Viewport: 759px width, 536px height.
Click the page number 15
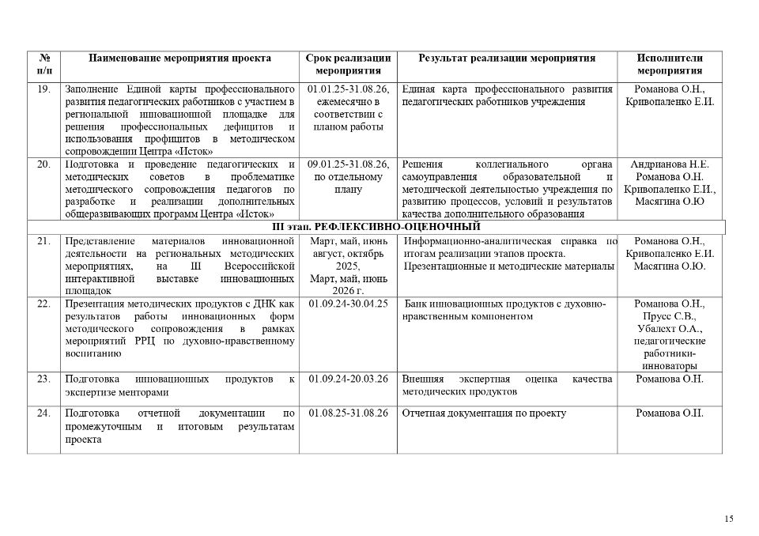tap(728, 519)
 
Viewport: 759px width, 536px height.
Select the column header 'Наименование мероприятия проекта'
tap(179, 59)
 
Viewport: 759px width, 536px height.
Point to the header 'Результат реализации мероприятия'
tap(507, 59)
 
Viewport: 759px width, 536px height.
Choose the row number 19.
tap(43, 89)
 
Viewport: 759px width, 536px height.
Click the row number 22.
tap(43, 304)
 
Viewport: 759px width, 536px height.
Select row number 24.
tap(43, 413)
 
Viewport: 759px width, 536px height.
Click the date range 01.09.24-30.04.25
tap(348, 304)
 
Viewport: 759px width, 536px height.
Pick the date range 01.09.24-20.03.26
tap(348, 379)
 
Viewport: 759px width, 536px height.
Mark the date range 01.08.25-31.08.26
tap(348, 413)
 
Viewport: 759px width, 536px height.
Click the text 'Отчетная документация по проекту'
tap(484, 413)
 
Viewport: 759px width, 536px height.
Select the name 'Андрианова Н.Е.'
tap(670, 164)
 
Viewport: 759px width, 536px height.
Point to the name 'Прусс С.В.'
tap(670, 316)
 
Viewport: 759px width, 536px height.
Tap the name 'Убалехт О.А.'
tap(670, 329)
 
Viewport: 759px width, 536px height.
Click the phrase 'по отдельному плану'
tap(348, 183)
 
